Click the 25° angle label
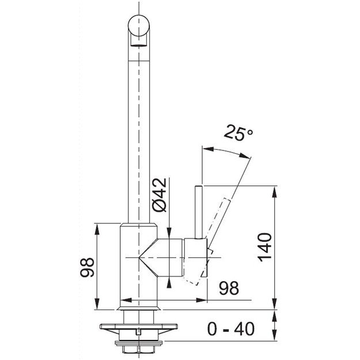pos(238,132)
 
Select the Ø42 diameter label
pos(159,195)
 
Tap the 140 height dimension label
pos(265,247)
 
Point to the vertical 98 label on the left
pos(87,267)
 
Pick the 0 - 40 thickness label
pos(231,329)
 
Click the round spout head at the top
pos(139,25)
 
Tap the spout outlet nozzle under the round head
pos(138,40)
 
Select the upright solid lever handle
pos(198,212)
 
